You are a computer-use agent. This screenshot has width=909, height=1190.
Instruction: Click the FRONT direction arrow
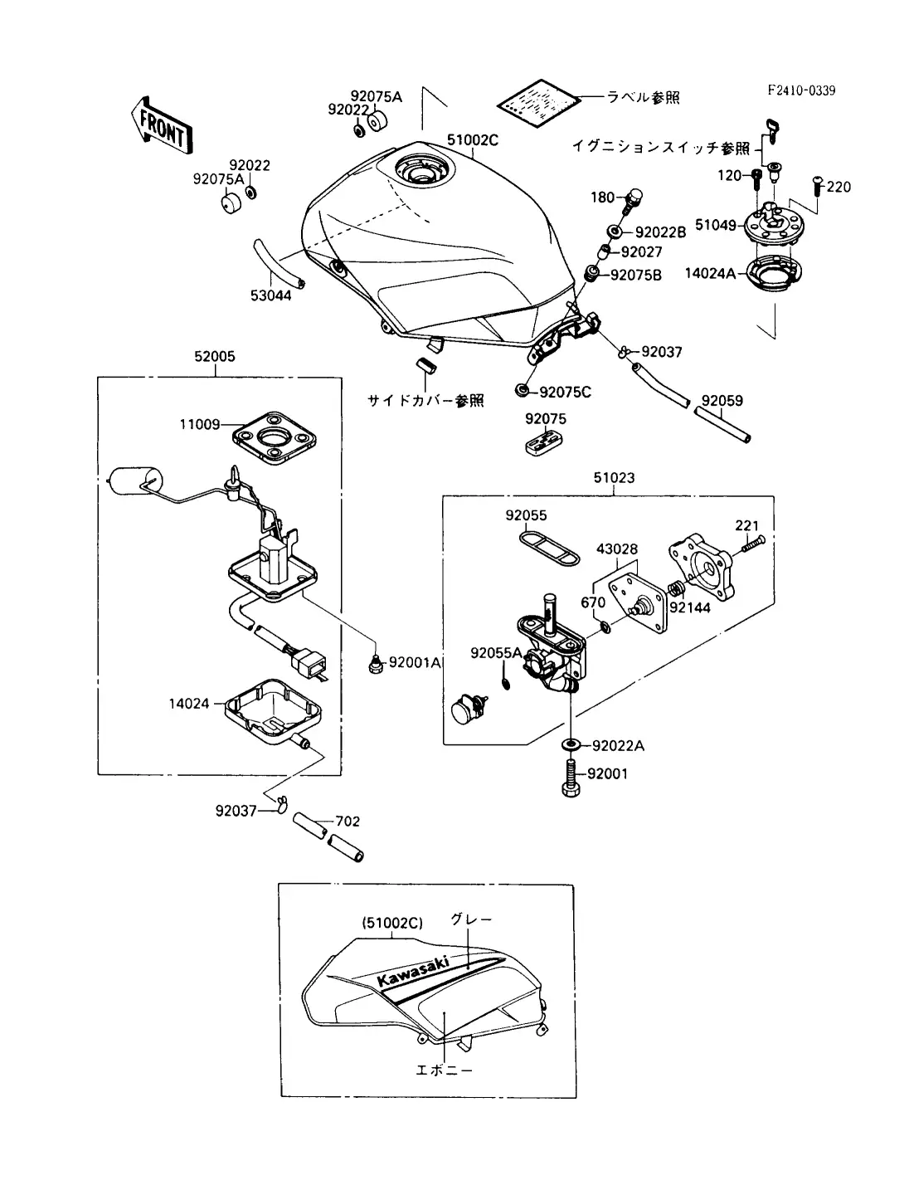click(161, 126)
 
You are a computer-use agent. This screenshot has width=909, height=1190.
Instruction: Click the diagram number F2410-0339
click(800, 90)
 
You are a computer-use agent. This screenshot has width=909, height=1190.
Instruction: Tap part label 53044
click(271, 295)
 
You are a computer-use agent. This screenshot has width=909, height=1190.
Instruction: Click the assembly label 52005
click(215, 357)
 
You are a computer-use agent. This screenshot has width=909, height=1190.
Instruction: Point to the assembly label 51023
click(614, 478)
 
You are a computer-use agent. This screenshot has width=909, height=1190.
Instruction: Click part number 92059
click(722, 400)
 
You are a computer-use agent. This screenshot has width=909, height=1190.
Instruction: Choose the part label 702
click(348, 822)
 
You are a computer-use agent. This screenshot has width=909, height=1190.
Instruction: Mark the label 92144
click(689, 607)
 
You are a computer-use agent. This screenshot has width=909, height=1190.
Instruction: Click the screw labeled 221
click(751, 544)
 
